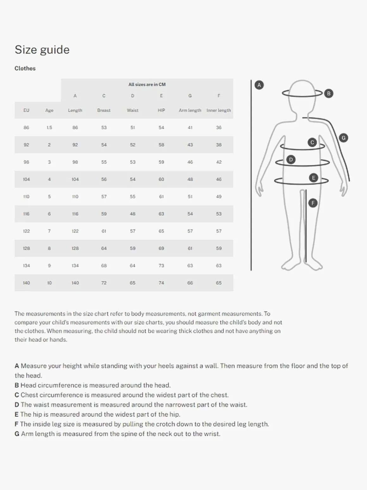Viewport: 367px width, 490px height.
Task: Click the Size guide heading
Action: [42, 50]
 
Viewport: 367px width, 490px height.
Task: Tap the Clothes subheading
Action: [25, 68]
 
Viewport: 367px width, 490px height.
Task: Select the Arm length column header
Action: [190, 110]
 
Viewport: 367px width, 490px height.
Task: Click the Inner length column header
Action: [219, 110]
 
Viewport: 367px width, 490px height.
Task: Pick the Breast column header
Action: [104, 110]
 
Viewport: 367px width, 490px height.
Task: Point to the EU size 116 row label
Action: [26, 214]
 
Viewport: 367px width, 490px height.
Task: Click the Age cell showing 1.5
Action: [49, 128]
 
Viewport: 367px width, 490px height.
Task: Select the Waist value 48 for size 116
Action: [133, 214]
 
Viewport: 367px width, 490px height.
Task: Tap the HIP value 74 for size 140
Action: [161, 283]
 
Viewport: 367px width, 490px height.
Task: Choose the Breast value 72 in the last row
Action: [104, 283]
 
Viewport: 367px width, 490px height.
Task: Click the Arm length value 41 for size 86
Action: [190, 128]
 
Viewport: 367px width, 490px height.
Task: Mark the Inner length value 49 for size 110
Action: [219, 197]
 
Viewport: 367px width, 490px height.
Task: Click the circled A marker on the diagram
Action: [259, 85]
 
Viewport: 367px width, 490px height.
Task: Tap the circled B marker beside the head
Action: [329, 93]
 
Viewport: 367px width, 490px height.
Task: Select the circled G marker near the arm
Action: [343, 138]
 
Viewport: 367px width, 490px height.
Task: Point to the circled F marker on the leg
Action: [313, 203]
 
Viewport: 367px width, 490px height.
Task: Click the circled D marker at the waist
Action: [291, 160]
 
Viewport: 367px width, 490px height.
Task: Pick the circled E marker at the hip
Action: [314, 178]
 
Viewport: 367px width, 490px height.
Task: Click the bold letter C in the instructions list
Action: [17, 395]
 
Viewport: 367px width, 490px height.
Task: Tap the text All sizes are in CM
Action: [147, 85]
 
